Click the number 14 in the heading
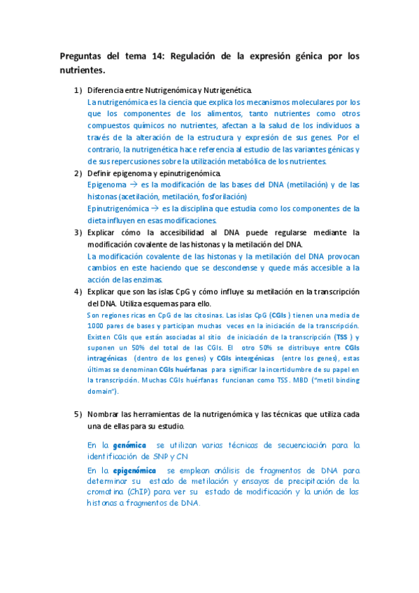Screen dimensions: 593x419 (157, 55)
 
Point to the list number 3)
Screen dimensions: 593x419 (78, 232)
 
